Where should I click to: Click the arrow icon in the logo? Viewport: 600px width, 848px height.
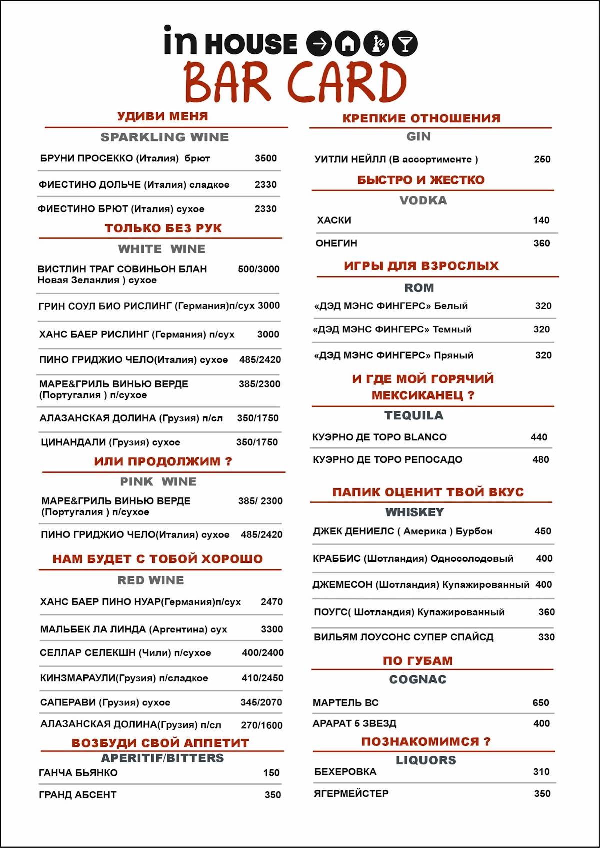click(319, 44)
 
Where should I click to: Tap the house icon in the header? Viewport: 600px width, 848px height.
click(348, 44)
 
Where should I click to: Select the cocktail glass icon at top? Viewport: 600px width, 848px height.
click(405, 44)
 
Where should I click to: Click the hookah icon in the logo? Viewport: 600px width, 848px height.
click(376, 44)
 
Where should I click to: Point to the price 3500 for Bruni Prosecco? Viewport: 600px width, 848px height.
click(265, 158)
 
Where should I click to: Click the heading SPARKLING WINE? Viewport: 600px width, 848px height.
click(164, 137)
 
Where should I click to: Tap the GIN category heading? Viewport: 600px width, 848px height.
click(418, 137)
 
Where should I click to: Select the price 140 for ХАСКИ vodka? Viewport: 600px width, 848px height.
click(541, 220)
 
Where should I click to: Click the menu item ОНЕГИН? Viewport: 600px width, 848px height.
click(336, 243)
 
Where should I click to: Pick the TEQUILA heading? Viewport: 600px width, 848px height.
click(414, 415)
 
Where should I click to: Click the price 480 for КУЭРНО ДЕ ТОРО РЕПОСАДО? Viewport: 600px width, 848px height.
click(540, 460)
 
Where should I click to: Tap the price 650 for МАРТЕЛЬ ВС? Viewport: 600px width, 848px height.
click(540, 703)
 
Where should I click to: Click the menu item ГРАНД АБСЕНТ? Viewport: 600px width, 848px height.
click(78, 795)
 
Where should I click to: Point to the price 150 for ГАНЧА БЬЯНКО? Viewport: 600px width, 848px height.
click(271, 773)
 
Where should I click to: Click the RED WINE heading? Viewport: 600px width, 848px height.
click(151, 580)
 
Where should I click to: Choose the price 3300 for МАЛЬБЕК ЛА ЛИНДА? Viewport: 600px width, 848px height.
click(272, 629)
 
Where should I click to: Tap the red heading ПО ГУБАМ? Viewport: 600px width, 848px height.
click(418, 661)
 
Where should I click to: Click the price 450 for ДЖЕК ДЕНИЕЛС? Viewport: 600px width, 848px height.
click(543, 531)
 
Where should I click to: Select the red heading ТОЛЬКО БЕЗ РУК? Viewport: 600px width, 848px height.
click(163, 228)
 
